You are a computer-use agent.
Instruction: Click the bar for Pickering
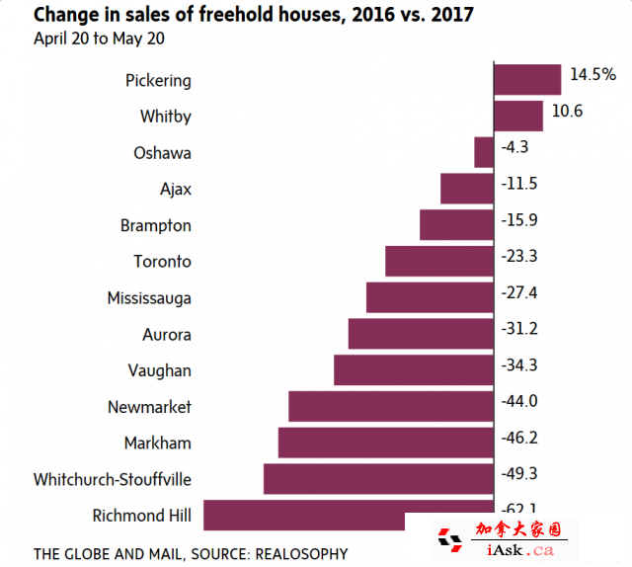point(527,80)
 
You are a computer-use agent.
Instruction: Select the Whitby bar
point(518,116)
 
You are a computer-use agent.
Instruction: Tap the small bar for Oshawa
point(484,152)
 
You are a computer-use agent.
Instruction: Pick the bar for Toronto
point(439,261)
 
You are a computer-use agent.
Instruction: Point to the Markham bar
point(385,443)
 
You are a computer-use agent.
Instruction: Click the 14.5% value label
point(593,75)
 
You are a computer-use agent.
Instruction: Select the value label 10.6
point(567,111)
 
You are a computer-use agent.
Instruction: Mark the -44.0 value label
point(519,400)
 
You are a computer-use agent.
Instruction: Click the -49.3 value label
point(519,473)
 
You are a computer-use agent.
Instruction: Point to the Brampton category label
point(155,225)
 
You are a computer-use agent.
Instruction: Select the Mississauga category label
point(149,297)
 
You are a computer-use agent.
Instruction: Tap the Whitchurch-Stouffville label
point(112,479)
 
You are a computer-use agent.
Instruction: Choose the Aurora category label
point(166,334)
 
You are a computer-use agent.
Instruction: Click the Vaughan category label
point(159,370)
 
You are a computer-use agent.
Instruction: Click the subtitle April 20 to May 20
point(99,40)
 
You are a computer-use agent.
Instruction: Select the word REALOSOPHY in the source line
point(301,553)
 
